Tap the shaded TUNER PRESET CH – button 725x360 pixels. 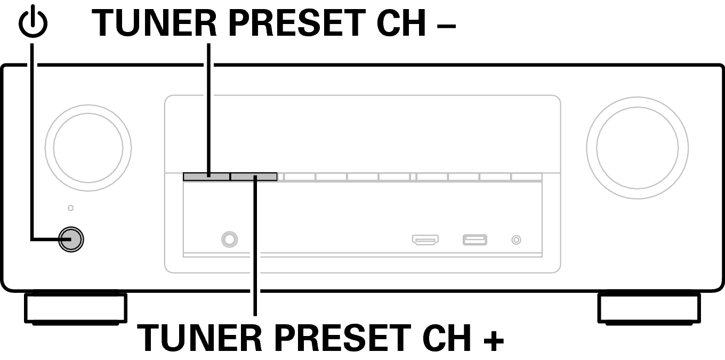(x=206, y=177)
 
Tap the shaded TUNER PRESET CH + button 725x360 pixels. (x=254, y=177)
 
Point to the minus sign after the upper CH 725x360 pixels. (x=446, y=26)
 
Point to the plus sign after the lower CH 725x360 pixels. (x=494, y=341)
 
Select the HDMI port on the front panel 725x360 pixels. (x=425, y=240)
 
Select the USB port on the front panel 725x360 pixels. (x=475, y=240)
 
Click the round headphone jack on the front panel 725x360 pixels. (x=229, y=239)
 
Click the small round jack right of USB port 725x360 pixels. (x=516, y=240)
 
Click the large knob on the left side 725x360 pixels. (x=88, y=148)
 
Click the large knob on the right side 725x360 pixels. (x=637, y=148)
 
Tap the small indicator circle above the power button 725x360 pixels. (x=70, y=208)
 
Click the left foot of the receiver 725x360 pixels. (x=76, y=308)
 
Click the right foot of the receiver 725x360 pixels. (x=649, y=308)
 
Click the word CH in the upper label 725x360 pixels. (x=401, y=22)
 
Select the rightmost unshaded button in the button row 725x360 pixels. (x=527, y=177)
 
